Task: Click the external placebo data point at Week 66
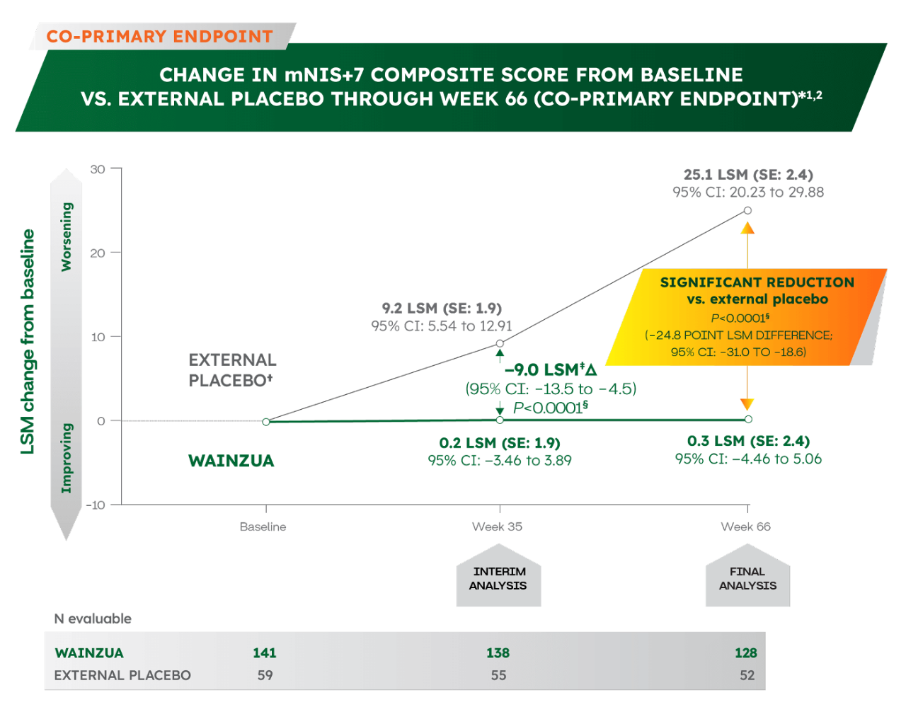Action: (x=747, y=210)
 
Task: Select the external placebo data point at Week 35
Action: (x=500, y=343)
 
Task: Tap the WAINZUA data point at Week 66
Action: (x=748, y=419)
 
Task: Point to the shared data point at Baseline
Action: (x=266, y=422)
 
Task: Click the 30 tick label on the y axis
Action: (x=98, y=169)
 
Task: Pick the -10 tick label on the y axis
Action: (x=96, y=505)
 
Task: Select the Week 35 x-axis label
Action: (x=497, y=527)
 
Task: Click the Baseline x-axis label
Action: (x=263, y=527)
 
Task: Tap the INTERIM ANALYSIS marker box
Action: (x=498, y=575)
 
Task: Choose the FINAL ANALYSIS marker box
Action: (x=747, y=575)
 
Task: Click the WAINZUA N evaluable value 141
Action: (x=264, y=653)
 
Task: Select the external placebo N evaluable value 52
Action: (x=747, y=675)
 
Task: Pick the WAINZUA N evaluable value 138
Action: (x=498, y=653)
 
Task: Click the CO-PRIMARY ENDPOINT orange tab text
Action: (x=160, y=36)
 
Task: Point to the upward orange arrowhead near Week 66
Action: (x=747, y=228)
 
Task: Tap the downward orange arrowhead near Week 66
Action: (x=747, y=404)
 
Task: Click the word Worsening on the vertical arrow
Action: (x=67, y=237)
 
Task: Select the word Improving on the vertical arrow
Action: (x=67, y=458)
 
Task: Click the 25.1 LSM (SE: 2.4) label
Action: (x=748, y=175)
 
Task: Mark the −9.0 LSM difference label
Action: (x=551, y=369)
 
